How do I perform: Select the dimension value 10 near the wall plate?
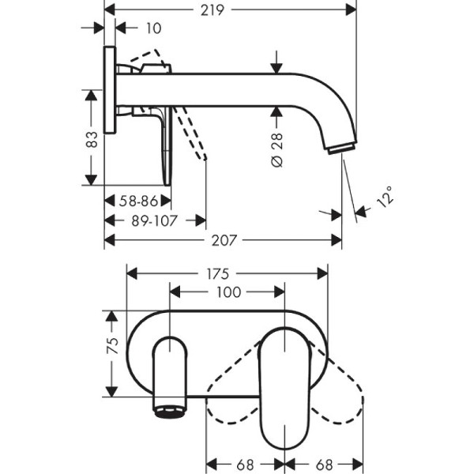point(152,28)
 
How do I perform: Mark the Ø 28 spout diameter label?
point(276,149)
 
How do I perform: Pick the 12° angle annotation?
point(385,196)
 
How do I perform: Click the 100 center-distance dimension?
point(228,292)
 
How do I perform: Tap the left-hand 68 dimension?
point(245,463)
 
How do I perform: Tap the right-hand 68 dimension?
point(324,463)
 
